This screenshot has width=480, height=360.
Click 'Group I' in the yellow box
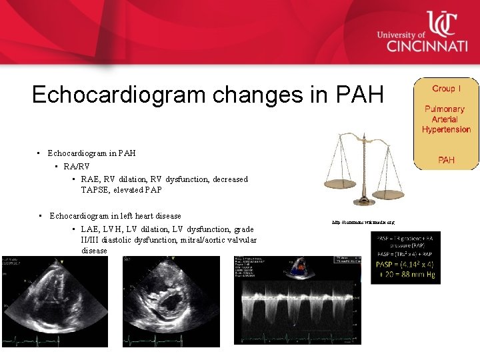[x=446, y=89]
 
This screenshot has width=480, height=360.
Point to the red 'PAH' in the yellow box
[x=446, y=160]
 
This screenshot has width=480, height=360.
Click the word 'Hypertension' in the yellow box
[x=446, y=129]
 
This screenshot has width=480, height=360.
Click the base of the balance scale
[x=364, y=202]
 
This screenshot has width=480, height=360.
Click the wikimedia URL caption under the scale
[x=364, y=222]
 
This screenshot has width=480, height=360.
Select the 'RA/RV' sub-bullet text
[x=77, y=166]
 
